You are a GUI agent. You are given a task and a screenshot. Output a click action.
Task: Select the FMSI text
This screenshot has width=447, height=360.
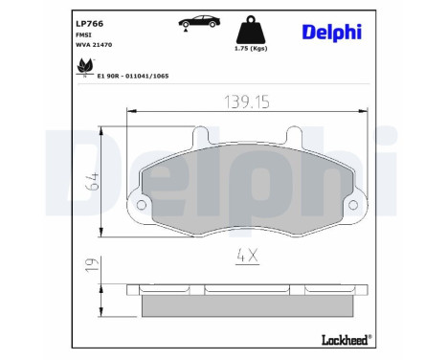click(83, 34)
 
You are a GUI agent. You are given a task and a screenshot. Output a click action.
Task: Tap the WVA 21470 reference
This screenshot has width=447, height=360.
click(93, 45)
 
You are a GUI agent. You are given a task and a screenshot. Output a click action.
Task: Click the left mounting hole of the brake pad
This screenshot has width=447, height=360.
click(142, 206)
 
